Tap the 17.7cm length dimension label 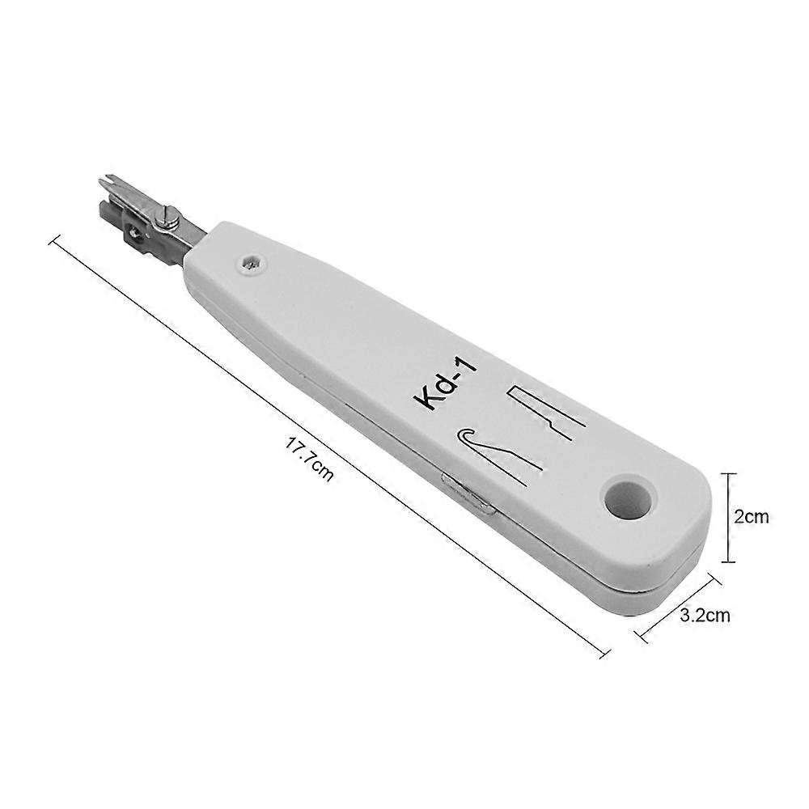309,460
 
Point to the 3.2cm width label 705,616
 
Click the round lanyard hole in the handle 628,498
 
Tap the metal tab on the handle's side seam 468,496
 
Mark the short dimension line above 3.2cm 678,607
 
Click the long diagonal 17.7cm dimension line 324,441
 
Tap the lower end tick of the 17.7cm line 604,652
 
